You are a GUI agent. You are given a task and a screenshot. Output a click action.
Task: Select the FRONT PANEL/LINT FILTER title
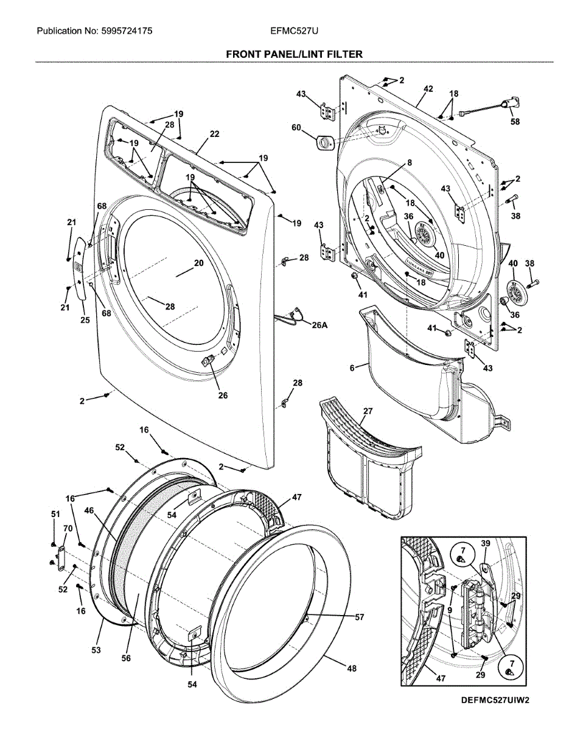tap(294, 54)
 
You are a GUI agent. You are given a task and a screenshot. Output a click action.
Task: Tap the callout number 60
tap(296, 128)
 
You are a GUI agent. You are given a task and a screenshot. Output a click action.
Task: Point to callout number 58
tap(515, 122)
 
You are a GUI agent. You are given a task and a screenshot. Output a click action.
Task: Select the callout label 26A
tap(319, 325)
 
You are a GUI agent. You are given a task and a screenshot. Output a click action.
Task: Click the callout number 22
tap(214, 134)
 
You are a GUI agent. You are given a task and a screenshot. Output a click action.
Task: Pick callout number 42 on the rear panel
tap(428, 89)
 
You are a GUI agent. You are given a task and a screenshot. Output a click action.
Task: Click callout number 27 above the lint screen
tap(368, 411)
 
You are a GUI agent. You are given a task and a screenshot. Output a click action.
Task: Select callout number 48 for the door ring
tap(352, 668)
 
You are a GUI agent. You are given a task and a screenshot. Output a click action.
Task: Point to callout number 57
tap(359, 617)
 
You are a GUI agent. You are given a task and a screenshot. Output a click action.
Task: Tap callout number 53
tap(96, 651)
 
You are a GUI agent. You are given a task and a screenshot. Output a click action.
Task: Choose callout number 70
tap(68, 529)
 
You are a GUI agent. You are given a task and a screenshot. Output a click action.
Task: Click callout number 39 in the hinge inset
tap(485, 543)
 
